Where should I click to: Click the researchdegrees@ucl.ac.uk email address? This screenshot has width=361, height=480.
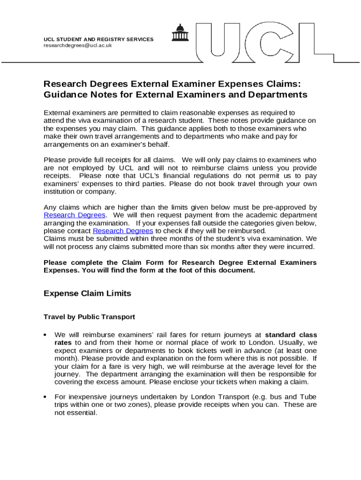(78, 45)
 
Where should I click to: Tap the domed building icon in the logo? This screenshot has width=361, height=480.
(180, 33)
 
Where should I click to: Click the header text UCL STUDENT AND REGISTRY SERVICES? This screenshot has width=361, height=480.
(98, 39)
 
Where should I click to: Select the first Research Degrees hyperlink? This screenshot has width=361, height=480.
(75, 215)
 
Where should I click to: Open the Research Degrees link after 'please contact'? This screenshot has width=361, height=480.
(123, 231)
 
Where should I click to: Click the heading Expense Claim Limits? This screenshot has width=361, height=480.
(87, 294)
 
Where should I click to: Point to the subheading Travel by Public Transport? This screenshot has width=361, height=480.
(89, 317)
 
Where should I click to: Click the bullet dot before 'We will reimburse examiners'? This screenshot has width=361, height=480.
(45, 335)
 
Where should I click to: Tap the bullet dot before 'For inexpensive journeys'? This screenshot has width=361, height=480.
(45, 397)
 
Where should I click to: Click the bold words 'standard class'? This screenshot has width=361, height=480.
(291, 335)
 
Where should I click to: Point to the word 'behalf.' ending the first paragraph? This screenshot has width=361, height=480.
(157, 144)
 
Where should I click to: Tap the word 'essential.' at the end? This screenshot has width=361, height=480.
(82, 413)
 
